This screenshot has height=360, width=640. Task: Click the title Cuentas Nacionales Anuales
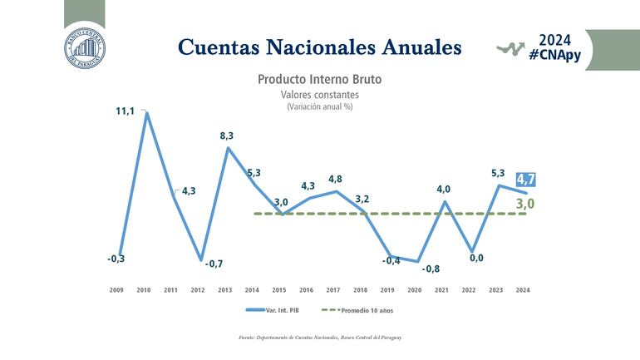320,47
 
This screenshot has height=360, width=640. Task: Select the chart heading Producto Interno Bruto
319,80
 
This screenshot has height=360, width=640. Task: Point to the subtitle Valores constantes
319,95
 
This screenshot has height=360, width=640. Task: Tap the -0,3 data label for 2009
116,259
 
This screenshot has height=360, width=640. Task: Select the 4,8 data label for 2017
336,179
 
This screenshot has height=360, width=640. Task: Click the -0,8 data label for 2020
431,269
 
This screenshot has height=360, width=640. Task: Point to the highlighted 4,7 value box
525,180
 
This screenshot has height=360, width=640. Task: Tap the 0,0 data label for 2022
476,259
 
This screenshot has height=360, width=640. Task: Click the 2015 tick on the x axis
279,290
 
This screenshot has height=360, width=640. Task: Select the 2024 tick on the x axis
522,290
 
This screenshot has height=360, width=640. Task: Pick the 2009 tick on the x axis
117,290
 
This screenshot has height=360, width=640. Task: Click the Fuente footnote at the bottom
320,338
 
